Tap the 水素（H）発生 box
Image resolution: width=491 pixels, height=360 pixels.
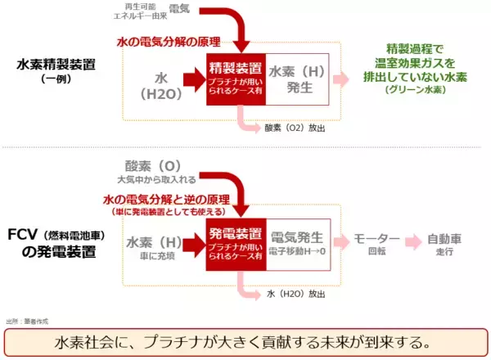click(296, 79)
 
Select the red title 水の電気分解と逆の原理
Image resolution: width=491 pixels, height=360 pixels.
click(164, 198)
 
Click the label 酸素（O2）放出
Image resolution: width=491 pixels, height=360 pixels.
click(293, 128)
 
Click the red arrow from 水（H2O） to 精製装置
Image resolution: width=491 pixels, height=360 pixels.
click(192, 80)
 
